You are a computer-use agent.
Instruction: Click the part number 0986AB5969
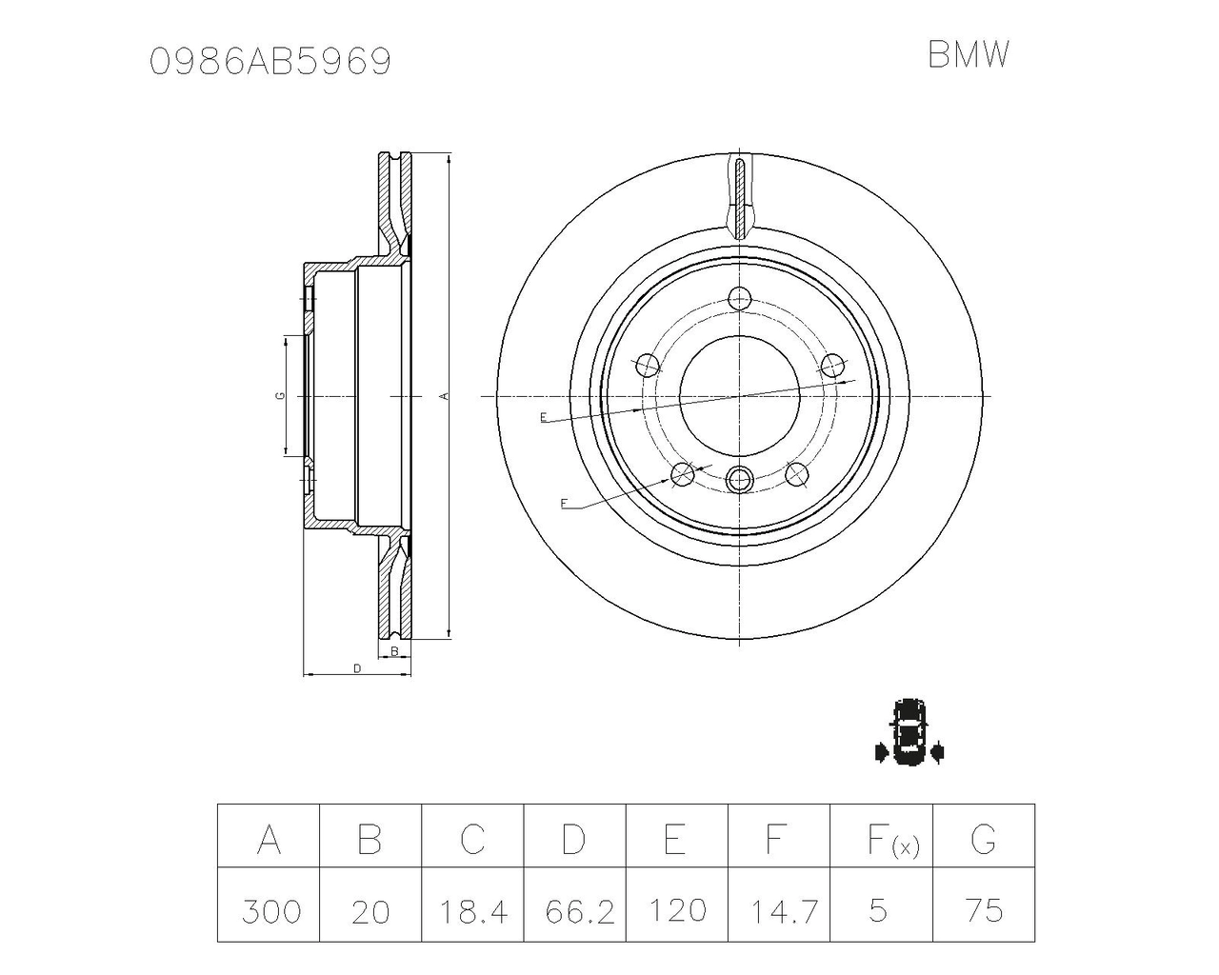click(270, 62)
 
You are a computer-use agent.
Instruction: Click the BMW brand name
click(969, 55)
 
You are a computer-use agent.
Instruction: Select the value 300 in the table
click(270, 910)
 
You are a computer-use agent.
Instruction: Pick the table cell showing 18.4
click(473, 910)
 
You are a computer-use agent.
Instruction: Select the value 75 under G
click(984, 910)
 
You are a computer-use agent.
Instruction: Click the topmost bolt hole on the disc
click(740, 299)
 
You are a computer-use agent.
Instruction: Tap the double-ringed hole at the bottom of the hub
click(740, 479)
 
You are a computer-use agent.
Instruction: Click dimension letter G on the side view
click(279, 395)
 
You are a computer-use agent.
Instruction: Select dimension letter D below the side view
click(357, 668)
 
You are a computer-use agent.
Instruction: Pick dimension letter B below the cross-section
click(395, 651)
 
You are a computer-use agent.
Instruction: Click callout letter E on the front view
click(543, 417)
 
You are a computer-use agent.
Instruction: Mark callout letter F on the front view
click(564, 504)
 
